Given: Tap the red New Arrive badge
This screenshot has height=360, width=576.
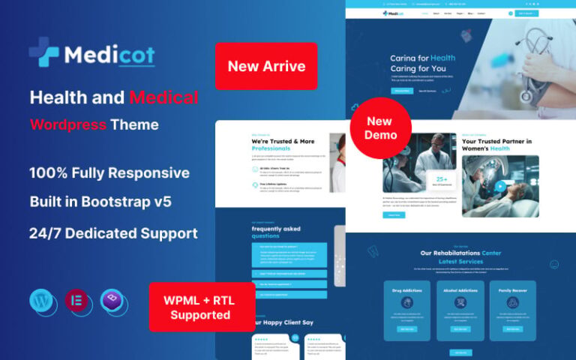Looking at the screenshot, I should pyautogui.click(x=266, y=66).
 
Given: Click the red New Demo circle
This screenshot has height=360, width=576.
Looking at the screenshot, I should pyautogui.click(x=380, y=127).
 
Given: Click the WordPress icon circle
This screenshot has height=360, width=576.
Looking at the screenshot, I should pyautogui.click(x=43, y=301).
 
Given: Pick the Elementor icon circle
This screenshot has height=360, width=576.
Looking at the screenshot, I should pyautogui.click(x=77, y=301).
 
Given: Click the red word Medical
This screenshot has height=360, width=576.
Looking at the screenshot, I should pyautogui.click(x=163, y=97).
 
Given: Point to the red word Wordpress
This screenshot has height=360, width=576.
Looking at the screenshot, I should pyautogui.click(x=68, y=124).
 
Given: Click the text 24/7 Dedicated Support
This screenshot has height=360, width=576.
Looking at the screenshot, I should pyautogui.click(x=113, y=233).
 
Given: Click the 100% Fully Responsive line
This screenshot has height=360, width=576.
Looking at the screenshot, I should pyautogui.click(x=109, y=172).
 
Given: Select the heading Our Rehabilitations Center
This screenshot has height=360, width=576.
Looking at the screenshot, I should pyautogui.click(x=460, y=253).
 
